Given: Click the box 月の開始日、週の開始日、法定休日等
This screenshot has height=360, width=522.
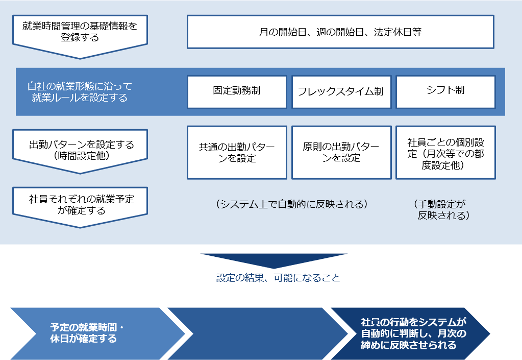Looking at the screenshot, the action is click(340, 32).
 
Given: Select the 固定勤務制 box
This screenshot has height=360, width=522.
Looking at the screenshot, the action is click(237, 92).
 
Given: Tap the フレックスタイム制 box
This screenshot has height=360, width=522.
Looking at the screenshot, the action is click(340, 92).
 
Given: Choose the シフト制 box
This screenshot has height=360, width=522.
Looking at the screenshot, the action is click(445, 92).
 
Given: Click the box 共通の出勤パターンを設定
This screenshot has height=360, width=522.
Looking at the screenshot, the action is click(237, 153).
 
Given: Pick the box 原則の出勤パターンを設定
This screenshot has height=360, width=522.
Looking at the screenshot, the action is click(340, 153).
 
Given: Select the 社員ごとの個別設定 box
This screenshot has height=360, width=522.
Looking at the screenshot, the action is click(445, 153).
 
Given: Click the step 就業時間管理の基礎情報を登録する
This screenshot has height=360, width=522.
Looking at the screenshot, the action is click(80, 33).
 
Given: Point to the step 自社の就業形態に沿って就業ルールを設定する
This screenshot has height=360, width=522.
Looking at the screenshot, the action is click(80, 92).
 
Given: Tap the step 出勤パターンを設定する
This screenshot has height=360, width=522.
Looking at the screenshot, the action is click(80, 150).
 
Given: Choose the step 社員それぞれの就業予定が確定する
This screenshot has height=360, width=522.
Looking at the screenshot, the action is click(80, 204).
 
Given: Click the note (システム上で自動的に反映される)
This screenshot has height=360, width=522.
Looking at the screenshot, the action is click(291, 204).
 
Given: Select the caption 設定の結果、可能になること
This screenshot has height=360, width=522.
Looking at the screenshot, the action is click(278, 278).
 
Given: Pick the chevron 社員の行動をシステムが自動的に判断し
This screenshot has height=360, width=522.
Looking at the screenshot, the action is click(413, 333).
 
